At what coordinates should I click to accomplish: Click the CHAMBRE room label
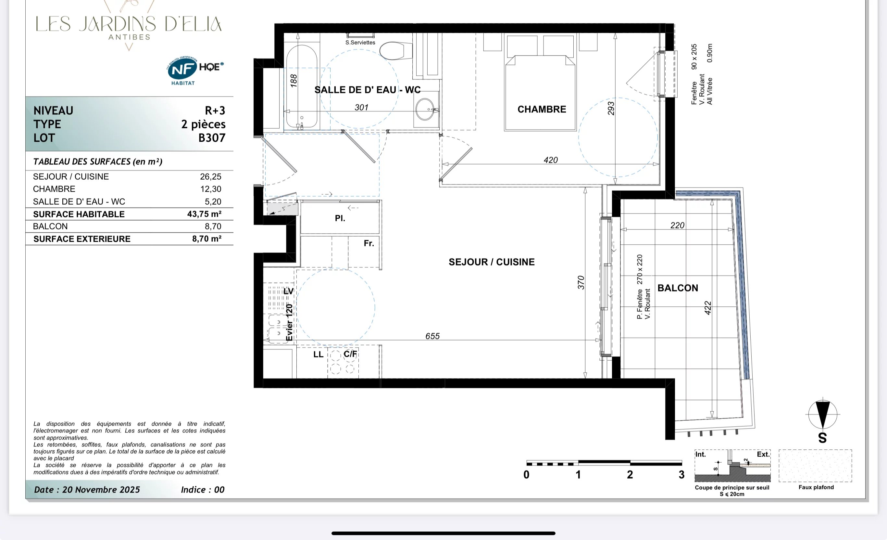click(542, 109)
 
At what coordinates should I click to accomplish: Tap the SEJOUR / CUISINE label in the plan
click(491, 262)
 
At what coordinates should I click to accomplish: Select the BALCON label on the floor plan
click(678, 288)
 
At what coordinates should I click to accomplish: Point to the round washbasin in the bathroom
click(425, 109)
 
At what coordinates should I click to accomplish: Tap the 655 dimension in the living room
click(432, 336)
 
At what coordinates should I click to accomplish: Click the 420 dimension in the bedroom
click(551, 160)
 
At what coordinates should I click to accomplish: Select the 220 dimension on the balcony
click(677, 225)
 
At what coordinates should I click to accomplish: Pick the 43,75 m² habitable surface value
click(204, 214)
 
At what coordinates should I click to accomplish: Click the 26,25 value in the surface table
click(211, 176)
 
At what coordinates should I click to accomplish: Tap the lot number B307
click(212, 138)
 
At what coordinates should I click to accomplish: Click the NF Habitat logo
click(195, 71)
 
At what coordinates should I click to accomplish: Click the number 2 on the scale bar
click(630, 475)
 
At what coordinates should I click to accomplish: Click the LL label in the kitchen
click(318, 354)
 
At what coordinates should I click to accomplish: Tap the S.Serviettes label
click(360, 43)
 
